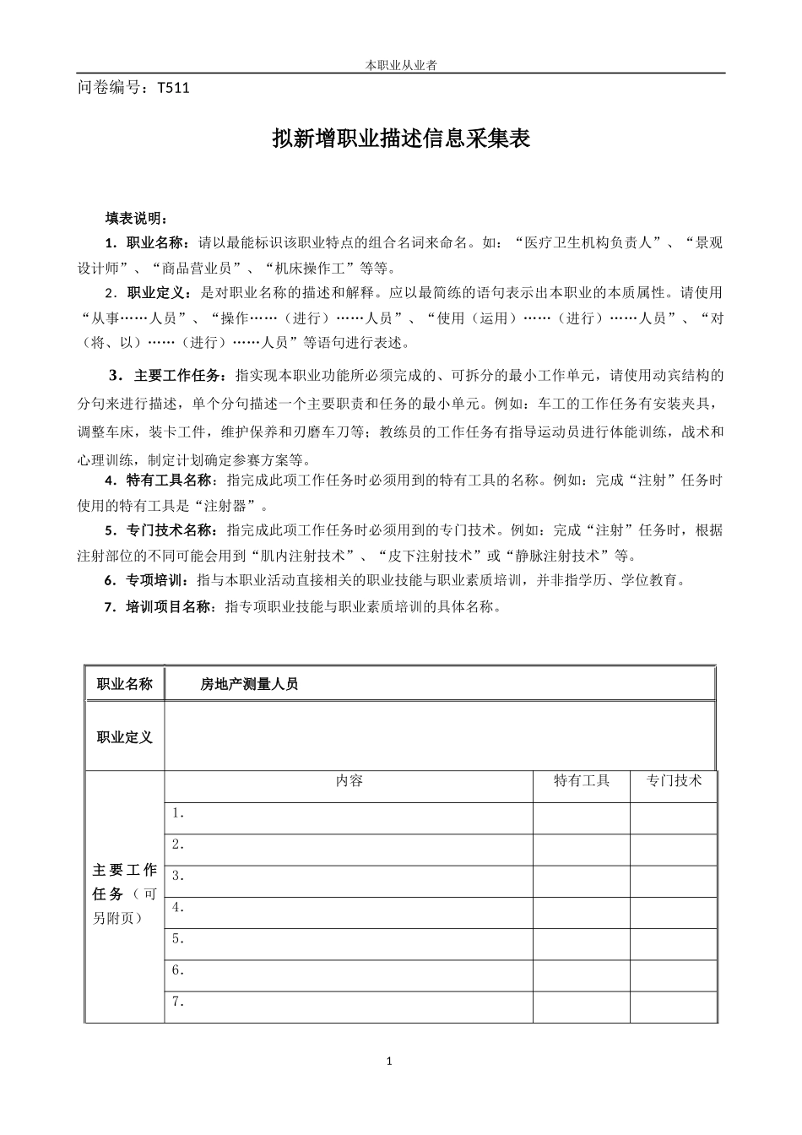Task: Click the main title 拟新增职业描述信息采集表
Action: point(401,138)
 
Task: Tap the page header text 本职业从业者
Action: point(400,65)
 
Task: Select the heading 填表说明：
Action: point(137,218)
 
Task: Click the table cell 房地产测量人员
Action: point(249,685)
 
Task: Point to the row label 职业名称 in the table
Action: point(125,684)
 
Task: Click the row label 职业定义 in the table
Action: point(125,737)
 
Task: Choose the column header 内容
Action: point(349,781)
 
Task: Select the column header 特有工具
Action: point(581,781)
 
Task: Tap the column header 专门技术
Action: point(674,781)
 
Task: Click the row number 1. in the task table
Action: point(178,813)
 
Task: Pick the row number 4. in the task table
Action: point(178,908)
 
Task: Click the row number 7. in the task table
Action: point(178,1002)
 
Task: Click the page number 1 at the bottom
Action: point(389,1062)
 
